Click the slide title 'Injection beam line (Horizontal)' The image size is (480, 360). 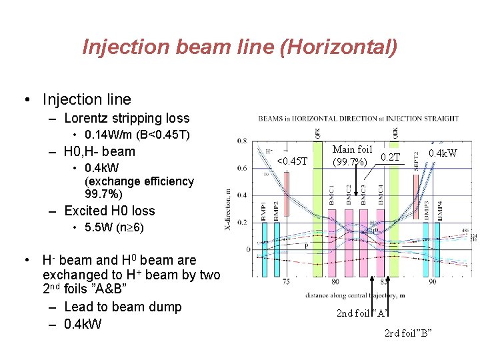[240, 47]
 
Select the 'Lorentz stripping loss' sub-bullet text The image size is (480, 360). [127, 119]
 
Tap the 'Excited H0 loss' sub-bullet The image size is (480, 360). [109, 211]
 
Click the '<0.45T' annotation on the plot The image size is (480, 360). [292, 161]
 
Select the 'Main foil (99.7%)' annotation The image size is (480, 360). [352, 155]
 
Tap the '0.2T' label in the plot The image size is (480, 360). [390, 157]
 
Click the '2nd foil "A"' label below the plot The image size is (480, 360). [363, 313]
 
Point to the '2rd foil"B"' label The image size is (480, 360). [409, 332]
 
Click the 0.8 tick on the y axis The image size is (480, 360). [242, 141]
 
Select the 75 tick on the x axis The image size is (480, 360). [285, 282]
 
